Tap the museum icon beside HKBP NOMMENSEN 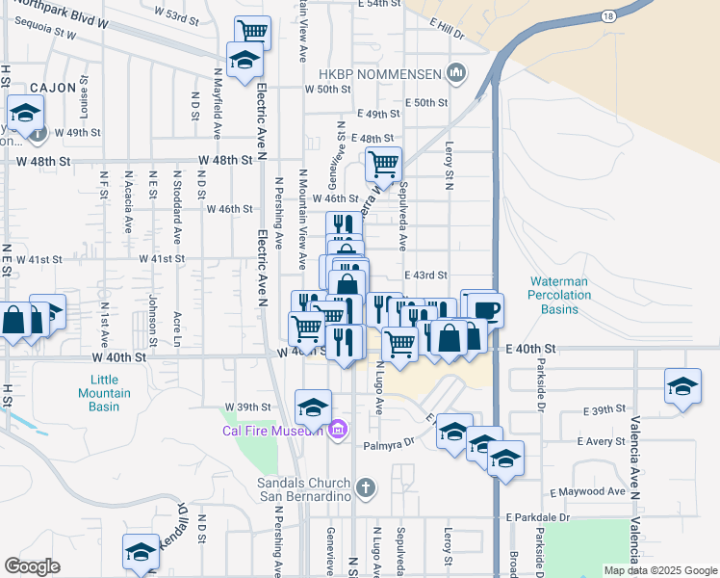click(457, 72)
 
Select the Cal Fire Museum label click(271, 430)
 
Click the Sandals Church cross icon click(364, 488)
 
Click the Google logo click(32, 565)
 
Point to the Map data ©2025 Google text click(659, 570)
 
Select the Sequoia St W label click(39, 32)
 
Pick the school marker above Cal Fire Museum click(313, 407)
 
